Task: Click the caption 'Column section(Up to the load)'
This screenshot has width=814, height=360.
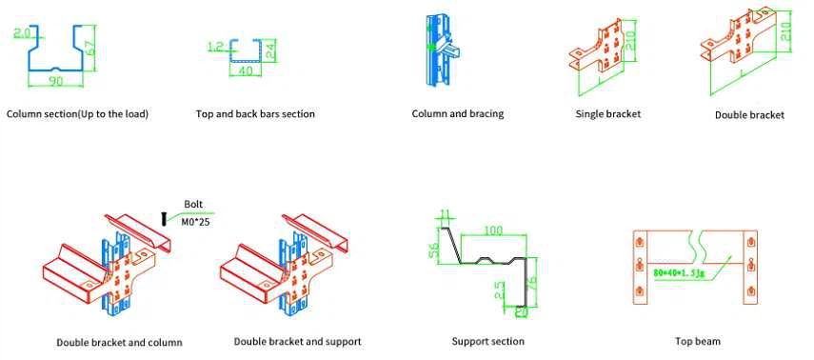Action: pos(78,114)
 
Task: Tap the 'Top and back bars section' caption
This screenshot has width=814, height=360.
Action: pos(255,114)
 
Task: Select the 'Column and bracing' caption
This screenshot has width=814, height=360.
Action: pos(458,114)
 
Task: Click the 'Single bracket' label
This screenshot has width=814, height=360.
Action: pos(608,114)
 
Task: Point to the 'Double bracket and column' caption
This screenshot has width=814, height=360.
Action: pos(119,342)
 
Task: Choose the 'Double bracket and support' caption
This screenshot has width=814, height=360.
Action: pos(298,341)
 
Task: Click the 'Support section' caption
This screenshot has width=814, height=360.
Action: pos(488,341)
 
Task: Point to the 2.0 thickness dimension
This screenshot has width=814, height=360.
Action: pos(22,32)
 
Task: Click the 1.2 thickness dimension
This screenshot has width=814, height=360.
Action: pos(214,45)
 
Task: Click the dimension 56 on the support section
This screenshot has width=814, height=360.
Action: pos(432,252)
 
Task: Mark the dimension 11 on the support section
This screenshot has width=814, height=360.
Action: pos(445,213)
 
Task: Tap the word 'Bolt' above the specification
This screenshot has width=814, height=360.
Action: pos(193,204)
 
